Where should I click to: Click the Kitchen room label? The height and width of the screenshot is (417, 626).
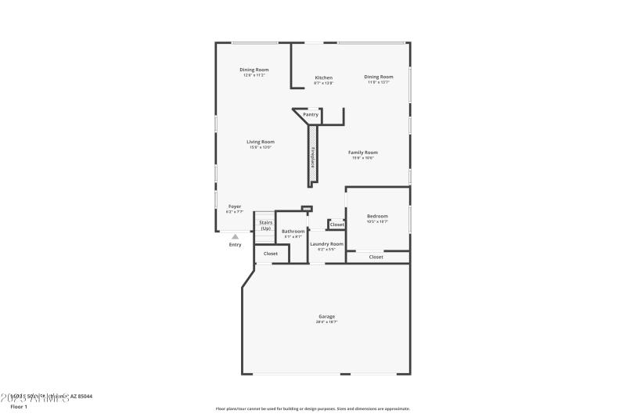[323, 77]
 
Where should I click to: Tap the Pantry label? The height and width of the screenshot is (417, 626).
[311, 114]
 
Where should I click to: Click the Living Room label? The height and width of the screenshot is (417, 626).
[261, 142]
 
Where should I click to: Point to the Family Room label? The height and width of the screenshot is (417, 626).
[364, 153]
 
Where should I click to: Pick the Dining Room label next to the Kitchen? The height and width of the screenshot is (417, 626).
[378, 77]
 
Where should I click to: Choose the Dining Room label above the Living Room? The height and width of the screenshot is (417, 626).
[254, 70]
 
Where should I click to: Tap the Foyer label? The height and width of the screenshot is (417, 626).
[235, 207]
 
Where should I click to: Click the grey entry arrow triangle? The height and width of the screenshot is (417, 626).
[235, 235]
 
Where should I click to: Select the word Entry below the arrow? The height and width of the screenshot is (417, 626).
[235, 245]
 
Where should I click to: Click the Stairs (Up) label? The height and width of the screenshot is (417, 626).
[265, 225]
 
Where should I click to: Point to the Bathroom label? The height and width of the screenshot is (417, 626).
[293, 231]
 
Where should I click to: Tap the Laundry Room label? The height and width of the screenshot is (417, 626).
[326, 244]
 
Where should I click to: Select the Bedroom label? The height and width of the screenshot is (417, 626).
[377, 216]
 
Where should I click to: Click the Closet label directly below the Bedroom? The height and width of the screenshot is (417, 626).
[376, 257]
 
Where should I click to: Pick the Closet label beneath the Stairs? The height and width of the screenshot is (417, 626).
[271, 253]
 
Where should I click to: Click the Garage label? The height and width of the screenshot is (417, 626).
[326, 317]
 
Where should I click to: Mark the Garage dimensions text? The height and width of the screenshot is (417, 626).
[326, 322]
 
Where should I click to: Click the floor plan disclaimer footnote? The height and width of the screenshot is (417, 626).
[312, 408]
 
